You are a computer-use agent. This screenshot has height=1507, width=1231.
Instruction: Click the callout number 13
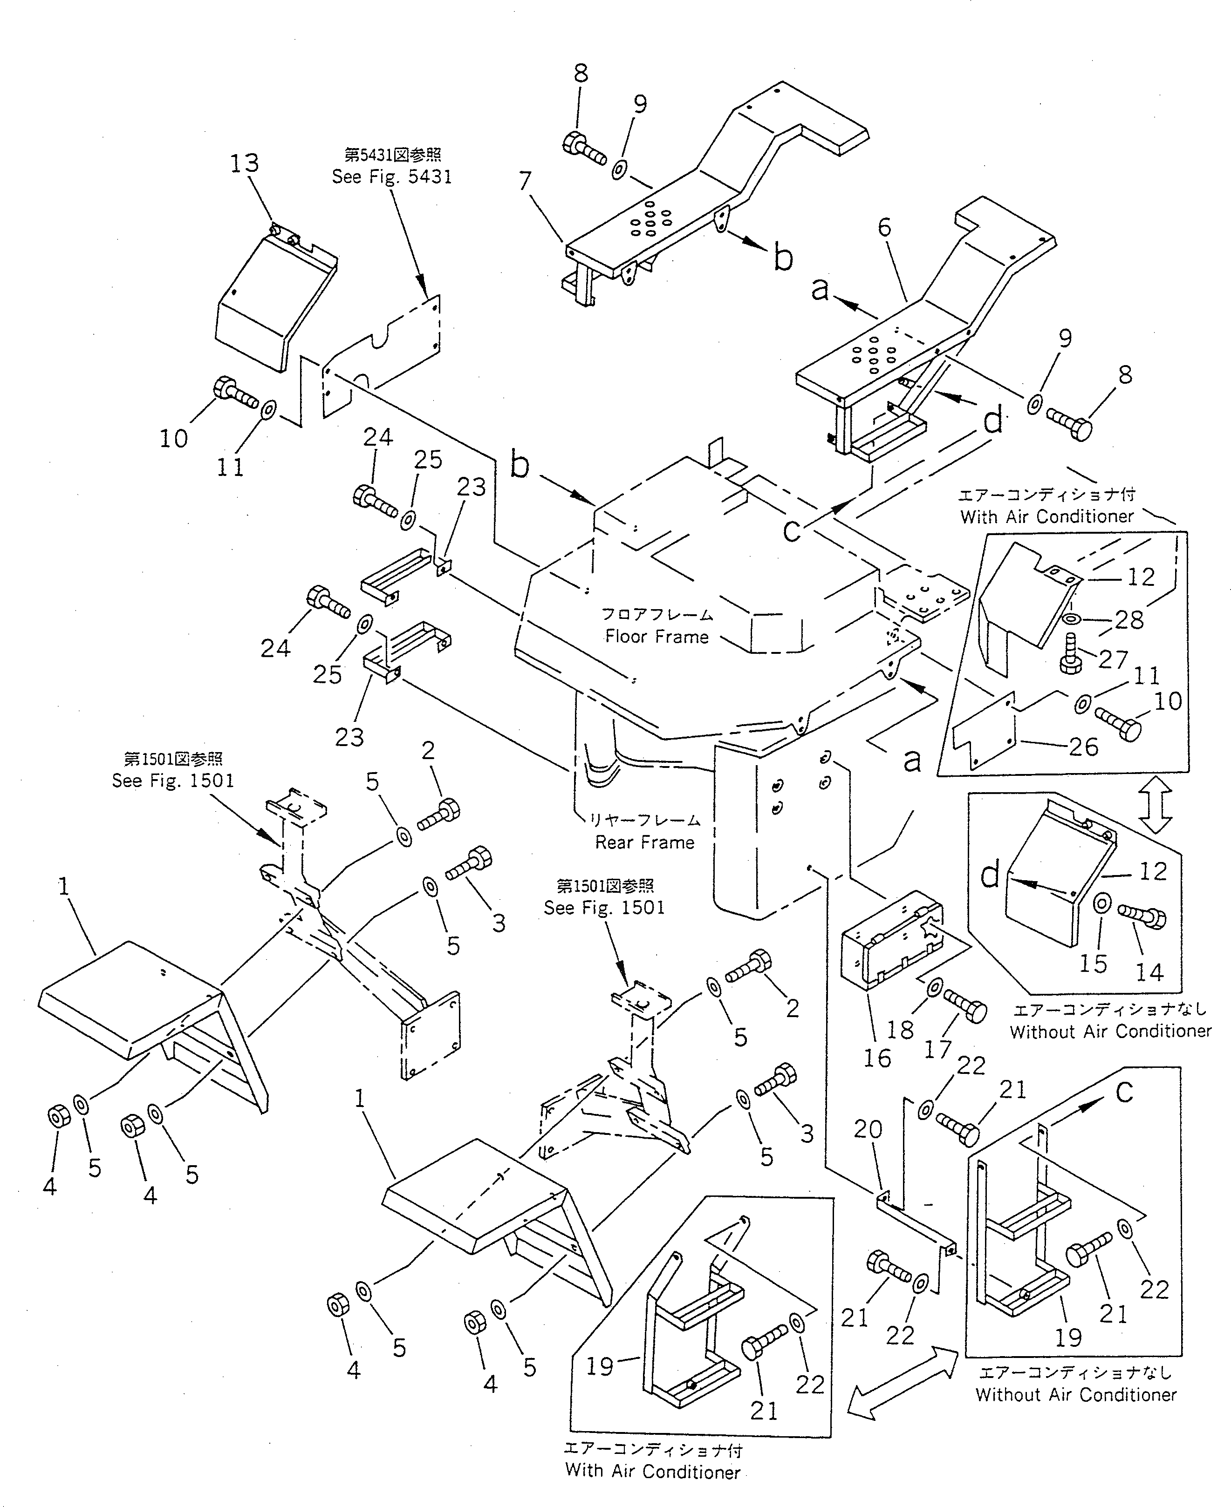pyautogui.click(x=244, y=164)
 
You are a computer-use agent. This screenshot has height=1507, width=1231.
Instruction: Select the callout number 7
pyautogui.click(x=525, y=182)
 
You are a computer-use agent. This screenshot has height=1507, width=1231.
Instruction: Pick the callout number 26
pyautogui.click(x=1083, y=747)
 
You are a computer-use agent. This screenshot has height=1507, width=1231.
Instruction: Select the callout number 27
pyautogui.click(x=1113, y=659)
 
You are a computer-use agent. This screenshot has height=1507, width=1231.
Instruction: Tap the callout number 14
pyautogui.click(x=1149, y=972)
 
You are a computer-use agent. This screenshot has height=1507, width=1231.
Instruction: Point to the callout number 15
pyautogui.click(x=1093, y=964)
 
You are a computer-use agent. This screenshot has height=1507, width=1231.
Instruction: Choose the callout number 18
pyautogui.click(x=901, y=1029)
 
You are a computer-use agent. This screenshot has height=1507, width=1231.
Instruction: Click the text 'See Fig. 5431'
pyautogui.click(x=391, y=176)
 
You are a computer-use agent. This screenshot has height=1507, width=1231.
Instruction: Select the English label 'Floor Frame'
pyautogui.click(x=657, y=637)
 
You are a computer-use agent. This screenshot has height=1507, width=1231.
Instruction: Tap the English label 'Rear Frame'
pyautogui.click(x=644, y=842)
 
